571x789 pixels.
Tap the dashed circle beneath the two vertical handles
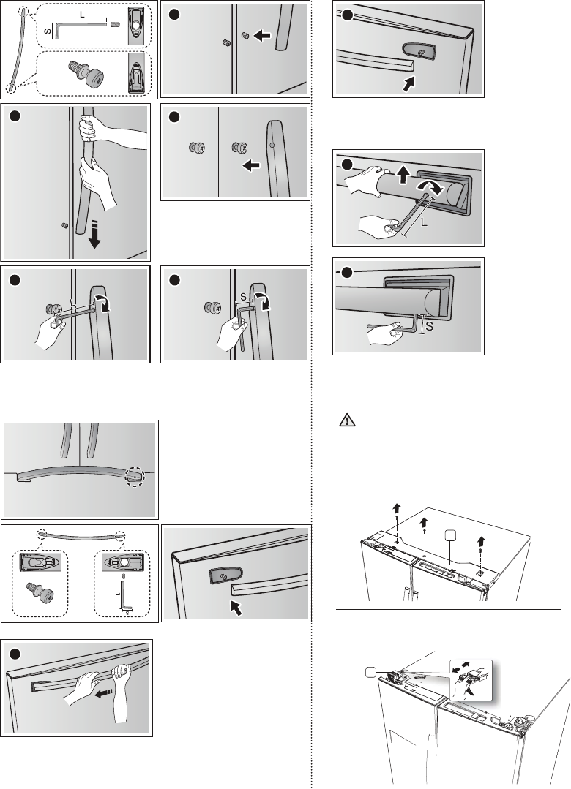135,477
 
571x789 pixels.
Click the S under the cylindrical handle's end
430,328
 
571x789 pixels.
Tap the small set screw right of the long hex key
114,25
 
